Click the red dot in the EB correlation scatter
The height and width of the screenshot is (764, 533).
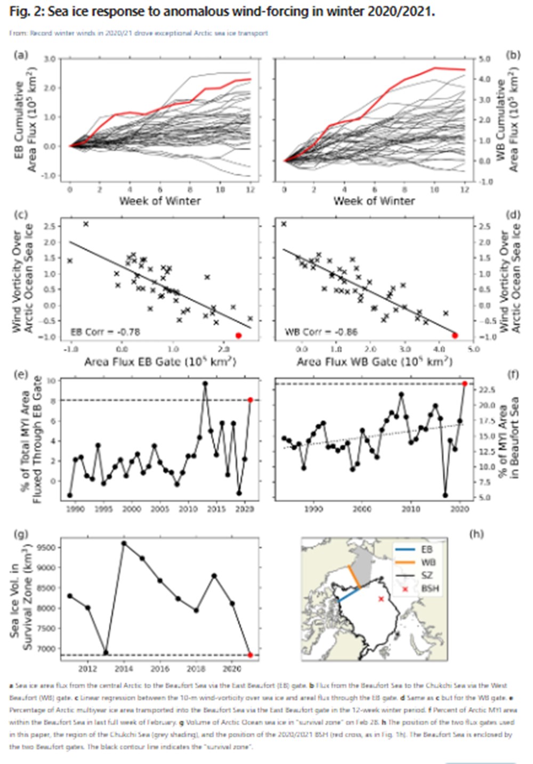(238, 335)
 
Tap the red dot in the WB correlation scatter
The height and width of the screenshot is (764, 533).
(455, 335)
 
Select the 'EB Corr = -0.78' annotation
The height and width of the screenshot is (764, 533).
(105, 332)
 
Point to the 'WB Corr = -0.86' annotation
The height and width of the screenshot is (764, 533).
(321, 332)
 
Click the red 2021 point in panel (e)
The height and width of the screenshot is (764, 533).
(250, 400)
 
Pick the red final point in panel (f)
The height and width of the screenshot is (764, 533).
(465, 383)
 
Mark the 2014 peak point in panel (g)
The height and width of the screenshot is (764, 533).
(124, 544)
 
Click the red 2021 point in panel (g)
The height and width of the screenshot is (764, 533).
(250, 655)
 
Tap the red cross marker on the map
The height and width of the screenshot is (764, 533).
(381, 599)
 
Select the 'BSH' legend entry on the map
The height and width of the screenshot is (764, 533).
(430, 588)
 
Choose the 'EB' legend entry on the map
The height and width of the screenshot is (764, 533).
(427, 549)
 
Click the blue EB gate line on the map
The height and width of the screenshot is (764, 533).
(349, 595)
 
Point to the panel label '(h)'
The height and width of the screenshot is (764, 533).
(477, 533)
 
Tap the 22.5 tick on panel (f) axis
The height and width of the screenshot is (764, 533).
(488, 390)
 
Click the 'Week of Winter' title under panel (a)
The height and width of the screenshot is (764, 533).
(160, 201)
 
